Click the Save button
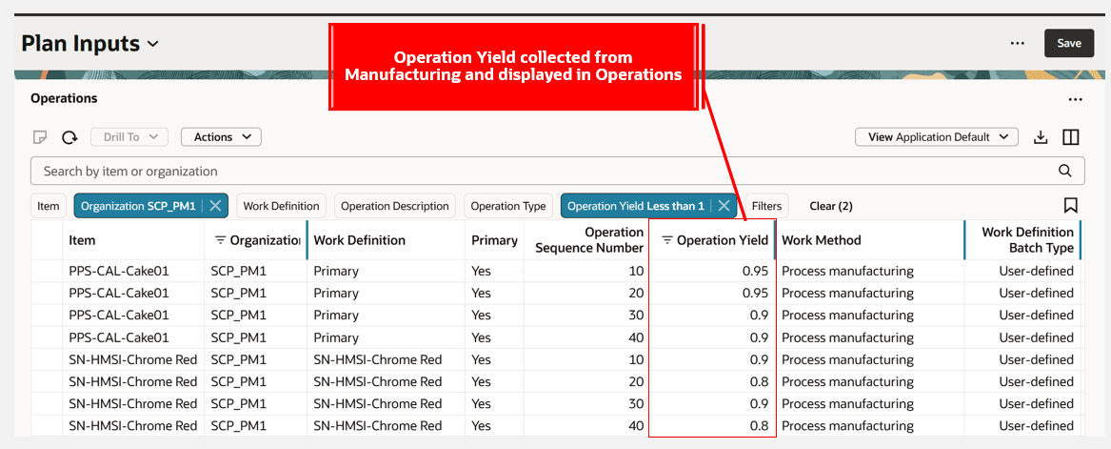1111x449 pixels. pyautogui.click(x=1068, y=43)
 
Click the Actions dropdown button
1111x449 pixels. pyautogui.click(x=221, y=137)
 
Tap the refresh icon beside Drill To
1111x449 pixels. pyautogui.click(x=69, y=137)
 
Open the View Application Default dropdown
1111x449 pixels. pyautogui.click(x=936, y=137)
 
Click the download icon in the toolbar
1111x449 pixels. pyautogui.click(x=1041, y=137)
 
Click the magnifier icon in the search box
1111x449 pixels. pyautogui.click(x=1065, y=172)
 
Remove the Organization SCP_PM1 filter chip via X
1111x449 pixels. pyautogui.click(x=216, y=206)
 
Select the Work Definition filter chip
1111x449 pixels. pyautogui.click(x=282, y=206)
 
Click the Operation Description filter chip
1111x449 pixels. pyautogui.click(x=394, y=206)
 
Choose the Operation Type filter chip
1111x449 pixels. pyautogui.click(x=508, y=206)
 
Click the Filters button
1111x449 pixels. pyautogui.click(x=766, y=206)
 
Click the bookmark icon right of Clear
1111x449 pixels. pyautogui.click(x=1070, y=206)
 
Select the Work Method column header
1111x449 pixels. pyautogui.click(x=821, y=240)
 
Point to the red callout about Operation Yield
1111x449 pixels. pyautogui.click(x=513, y=67)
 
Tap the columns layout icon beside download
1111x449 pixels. pyautogui.click(x=1071, y=137)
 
